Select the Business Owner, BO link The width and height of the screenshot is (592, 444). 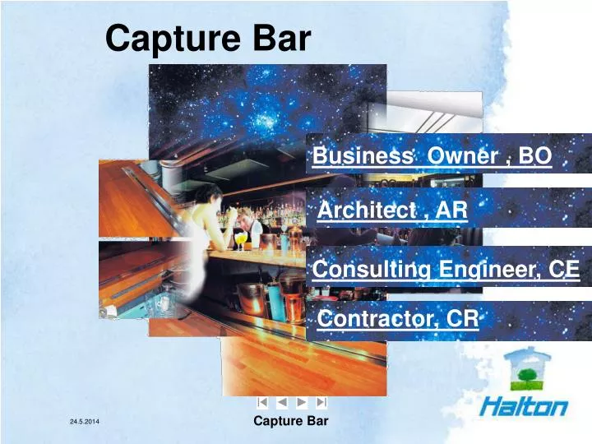[432, 156]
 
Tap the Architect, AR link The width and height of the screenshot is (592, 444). [392, 210]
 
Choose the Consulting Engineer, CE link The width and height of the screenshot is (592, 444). [446, 269]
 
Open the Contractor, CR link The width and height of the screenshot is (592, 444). [398, 318]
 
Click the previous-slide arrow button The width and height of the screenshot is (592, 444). [282, 402]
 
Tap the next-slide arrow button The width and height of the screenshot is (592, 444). [302, 402]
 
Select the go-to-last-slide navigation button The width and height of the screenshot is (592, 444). [321, 402]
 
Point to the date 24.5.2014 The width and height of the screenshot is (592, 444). [84, 422]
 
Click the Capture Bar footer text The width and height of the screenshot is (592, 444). [290, 421]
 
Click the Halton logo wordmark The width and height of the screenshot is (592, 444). [524, 406]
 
